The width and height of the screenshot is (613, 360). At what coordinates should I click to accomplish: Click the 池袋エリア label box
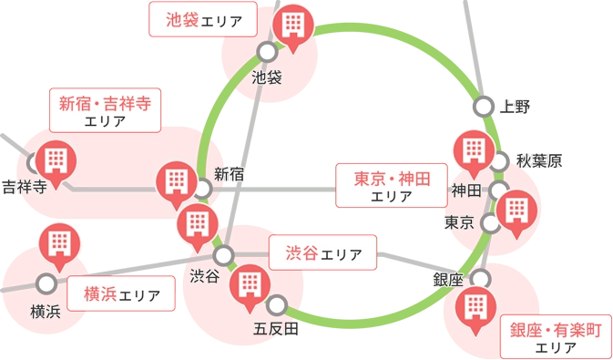point(202,20)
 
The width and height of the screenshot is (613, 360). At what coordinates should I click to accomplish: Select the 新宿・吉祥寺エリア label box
point(104,110)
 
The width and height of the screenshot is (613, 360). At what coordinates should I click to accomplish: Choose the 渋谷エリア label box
point(322,252)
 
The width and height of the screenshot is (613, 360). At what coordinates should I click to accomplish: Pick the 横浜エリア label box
point(121,294)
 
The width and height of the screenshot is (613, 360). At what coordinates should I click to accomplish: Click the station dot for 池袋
point(266,52)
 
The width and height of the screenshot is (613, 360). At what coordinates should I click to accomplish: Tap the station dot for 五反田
point(277,304)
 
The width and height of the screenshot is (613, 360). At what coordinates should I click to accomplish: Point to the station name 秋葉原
point(539,162)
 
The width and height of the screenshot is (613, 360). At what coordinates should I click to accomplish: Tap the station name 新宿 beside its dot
point(230,173)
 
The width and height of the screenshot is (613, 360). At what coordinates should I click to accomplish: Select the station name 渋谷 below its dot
point(205,274)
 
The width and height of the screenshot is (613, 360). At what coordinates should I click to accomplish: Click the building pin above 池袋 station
point(293,24)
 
